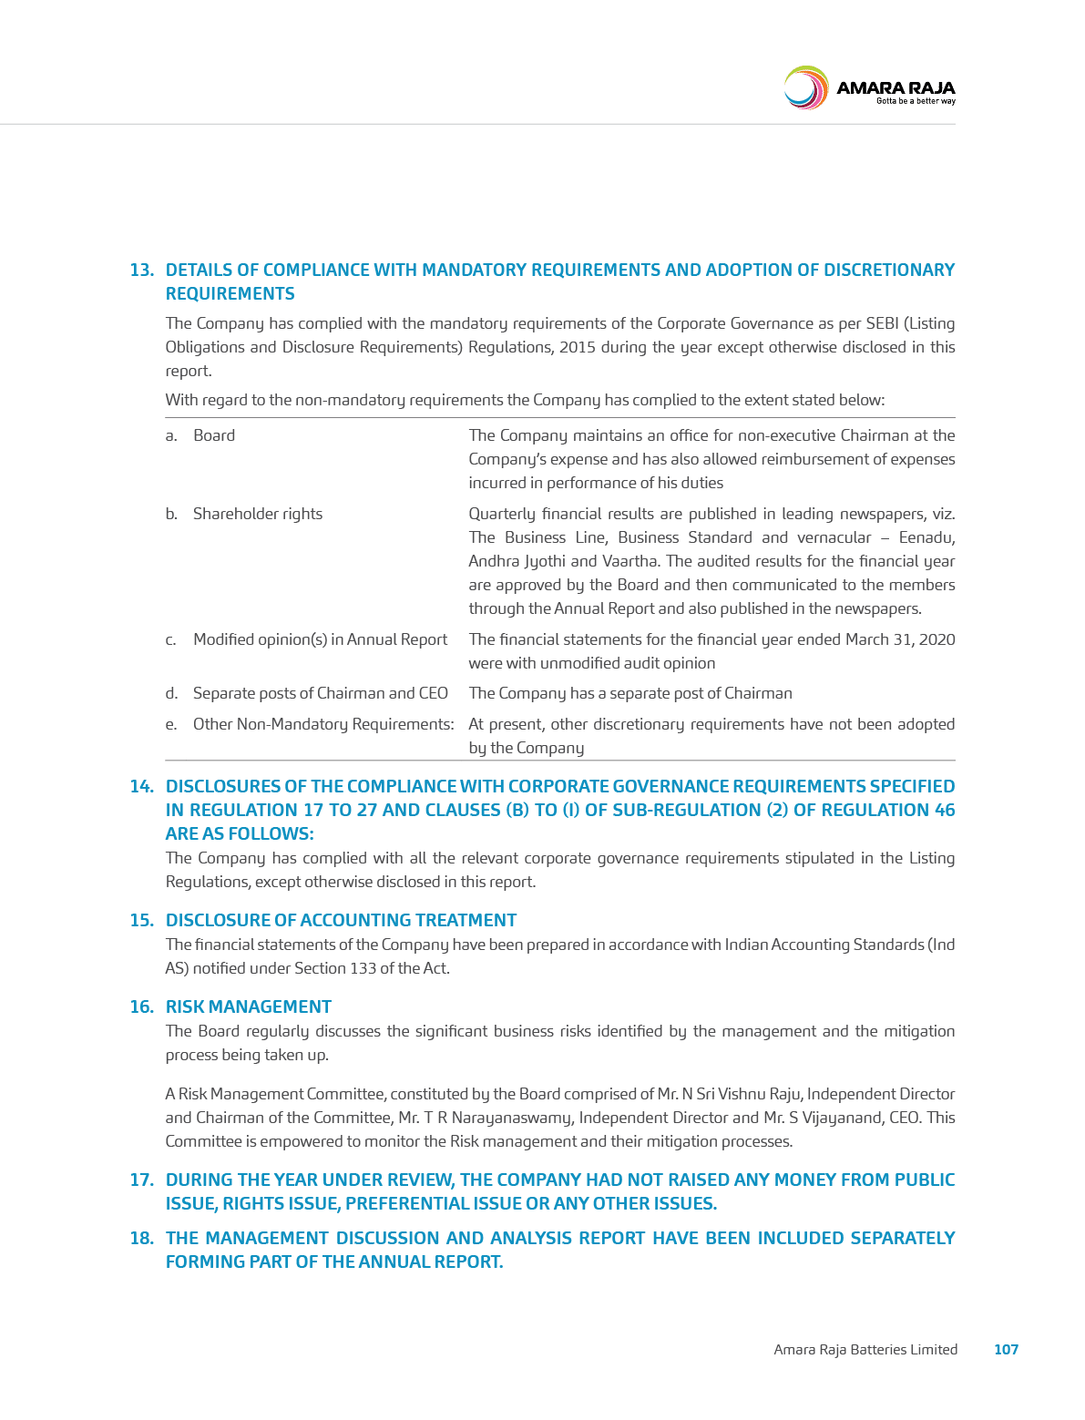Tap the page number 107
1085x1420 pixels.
[x=1006, y=1349]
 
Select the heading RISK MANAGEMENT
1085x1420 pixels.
[x=248, y=1006]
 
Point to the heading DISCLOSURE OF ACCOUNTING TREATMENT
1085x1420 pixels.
[x=341, y=920]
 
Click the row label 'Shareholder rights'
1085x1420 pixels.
[x=257, y=514]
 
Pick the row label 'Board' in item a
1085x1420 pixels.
[x=214, y=435]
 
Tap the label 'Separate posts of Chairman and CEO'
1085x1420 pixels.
[x=320, y=693]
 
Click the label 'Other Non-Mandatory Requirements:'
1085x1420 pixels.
[x=322, y=724]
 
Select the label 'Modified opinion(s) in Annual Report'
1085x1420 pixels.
[x=320, y=639]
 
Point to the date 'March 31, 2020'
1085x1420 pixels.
[x=900, y=639]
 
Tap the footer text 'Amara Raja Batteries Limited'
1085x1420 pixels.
[x=865, y=1349]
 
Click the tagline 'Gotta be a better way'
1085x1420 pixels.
[x=916, y=101]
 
